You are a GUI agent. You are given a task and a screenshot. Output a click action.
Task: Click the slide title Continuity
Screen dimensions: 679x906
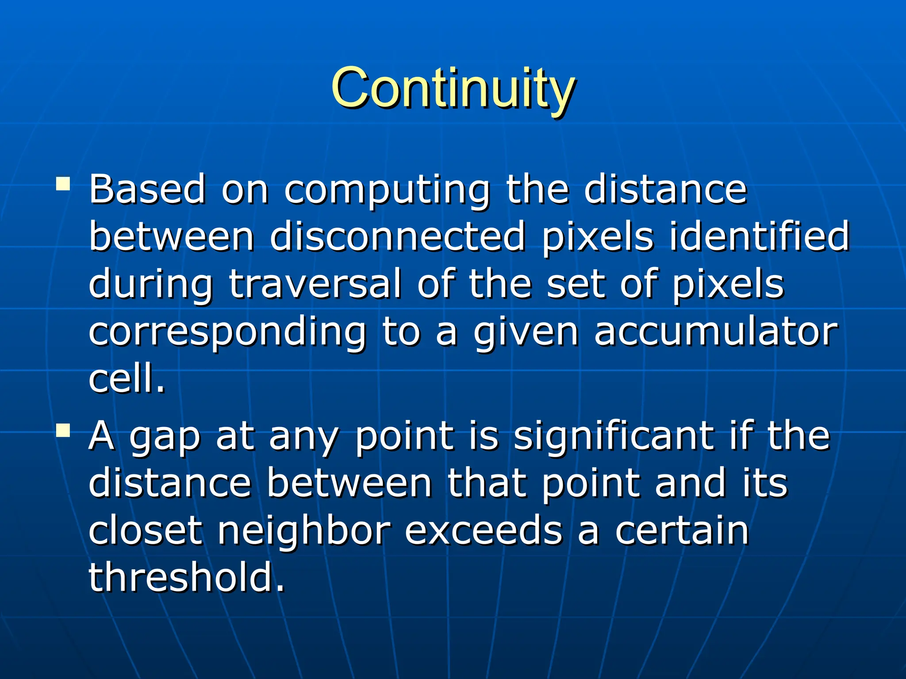pyautogui.click(x=453, y=88)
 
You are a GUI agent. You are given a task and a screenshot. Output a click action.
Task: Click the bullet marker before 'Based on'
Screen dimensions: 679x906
pyautogui.click(x=63, y=183)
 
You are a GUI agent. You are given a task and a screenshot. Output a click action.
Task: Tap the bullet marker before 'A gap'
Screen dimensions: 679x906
pyautogui.click(x=63, y=430)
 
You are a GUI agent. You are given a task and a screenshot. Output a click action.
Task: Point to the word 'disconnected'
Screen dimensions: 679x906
pyautogui.click(x=397, y=237)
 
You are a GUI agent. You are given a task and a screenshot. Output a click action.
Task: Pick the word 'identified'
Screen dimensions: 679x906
pyautogui.click(x=759, y=237)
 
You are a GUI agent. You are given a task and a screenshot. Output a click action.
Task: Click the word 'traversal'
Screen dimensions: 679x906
pyautogui.click(x=315, y=284)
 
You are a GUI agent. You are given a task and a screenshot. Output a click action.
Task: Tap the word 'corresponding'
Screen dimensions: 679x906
pyautogui.click(x=227, y=332)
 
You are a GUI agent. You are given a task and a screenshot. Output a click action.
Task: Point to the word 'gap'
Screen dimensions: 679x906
pyautogui.click(x=165, y=438)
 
